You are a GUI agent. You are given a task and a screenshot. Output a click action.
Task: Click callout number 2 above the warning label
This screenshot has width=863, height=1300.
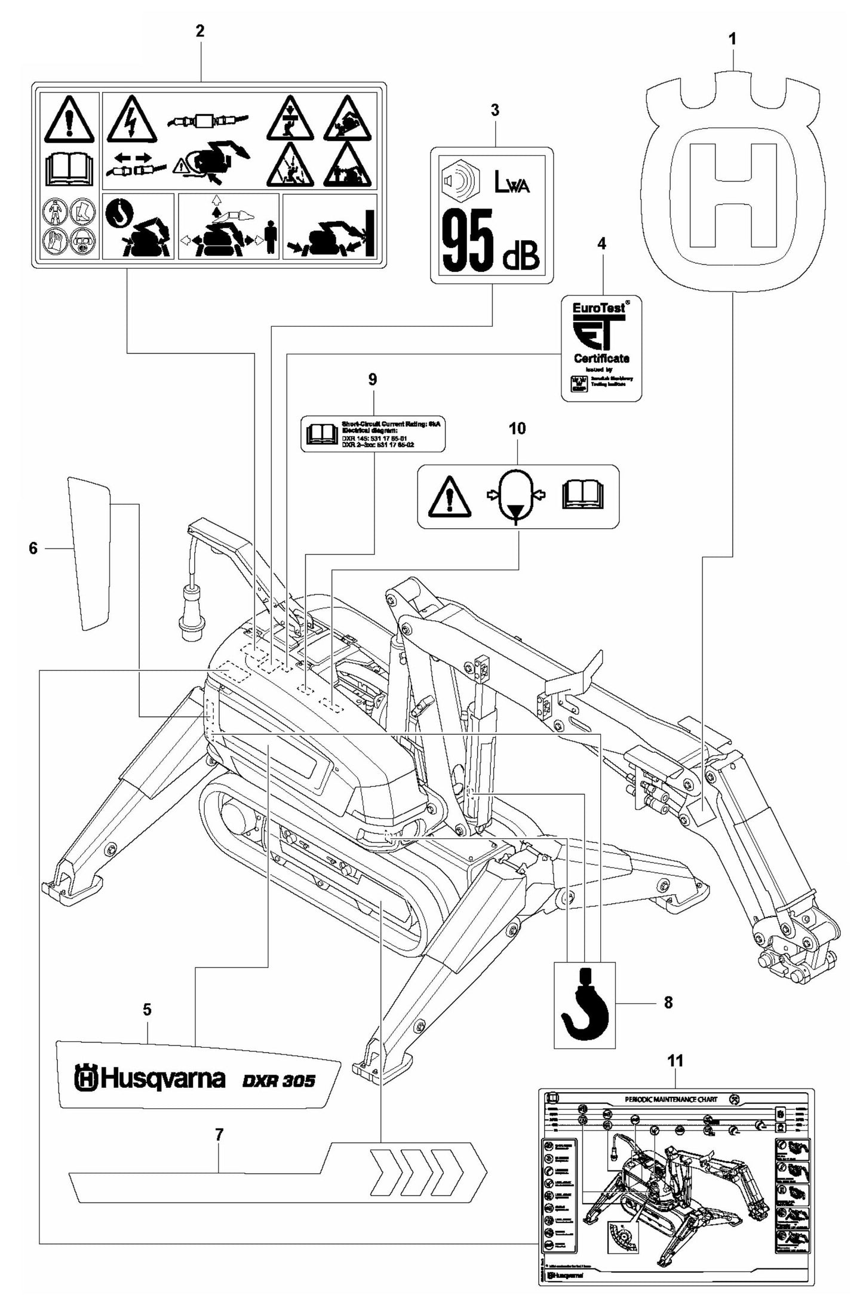(200, 31)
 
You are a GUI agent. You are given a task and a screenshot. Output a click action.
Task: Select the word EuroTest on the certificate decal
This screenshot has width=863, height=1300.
(598, 308)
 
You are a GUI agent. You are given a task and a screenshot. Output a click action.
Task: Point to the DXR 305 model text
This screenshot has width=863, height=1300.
(278, 1081)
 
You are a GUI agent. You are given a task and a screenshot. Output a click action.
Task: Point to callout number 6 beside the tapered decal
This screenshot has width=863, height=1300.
(33, 547)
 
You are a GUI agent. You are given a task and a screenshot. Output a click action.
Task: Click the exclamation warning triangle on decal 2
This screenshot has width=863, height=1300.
(70, 122)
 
